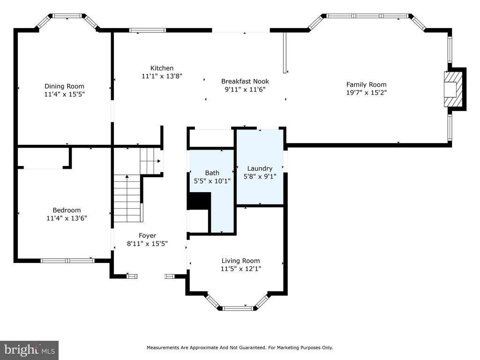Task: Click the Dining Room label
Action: click(64, 86)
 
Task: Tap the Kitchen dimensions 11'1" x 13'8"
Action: click(162, 76)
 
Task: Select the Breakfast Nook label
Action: click(245, 82)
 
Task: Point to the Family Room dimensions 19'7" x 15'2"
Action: click(367, 92)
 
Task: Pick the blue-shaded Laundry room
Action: click(260, 167)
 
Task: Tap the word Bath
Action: click(212, 173)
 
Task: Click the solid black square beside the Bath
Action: click(199, 201)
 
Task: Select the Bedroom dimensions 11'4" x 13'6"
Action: click(67, 218)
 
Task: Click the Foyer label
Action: click(148, 236)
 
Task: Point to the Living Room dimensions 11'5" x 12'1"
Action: click(241, 269)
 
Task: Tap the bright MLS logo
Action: click(30, 350)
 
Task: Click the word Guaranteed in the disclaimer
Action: click(253, 348)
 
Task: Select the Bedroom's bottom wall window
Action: click(67, 261)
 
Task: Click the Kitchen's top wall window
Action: click(148, 30)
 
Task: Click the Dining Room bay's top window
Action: click(67, 15)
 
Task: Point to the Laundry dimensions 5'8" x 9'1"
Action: click(260, 176)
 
